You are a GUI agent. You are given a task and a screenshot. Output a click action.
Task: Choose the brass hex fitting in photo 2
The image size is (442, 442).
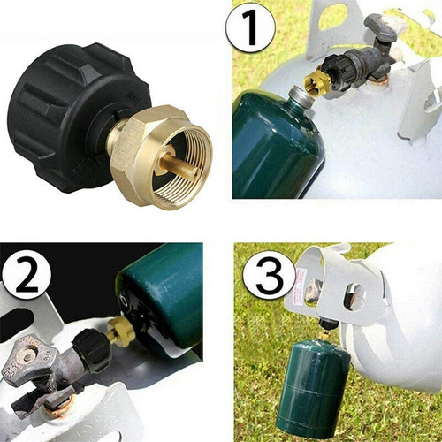coord(119,332)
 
